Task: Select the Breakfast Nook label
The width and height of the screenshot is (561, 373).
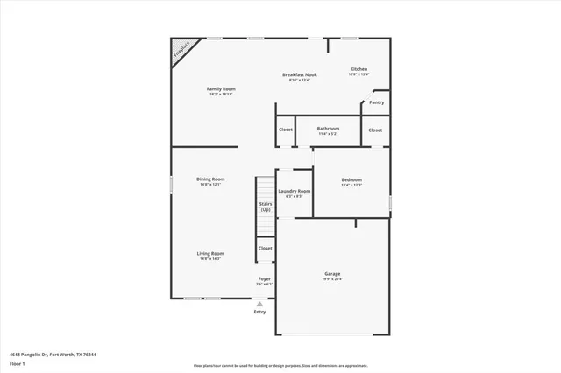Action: tap(300, 75)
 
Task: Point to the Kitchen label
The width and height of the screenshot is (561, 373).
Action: tap(359, 69)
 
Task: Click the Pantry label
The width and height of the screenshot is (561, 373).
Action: tap(376, 102)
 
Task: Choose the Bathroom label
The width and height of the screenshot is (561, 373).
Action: tap(329, 130)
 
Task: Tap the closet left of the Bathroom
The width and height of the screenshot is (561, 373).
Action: tap(286, 130)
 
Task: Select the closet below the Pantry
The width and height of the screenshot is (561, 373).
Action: tap(375, 130)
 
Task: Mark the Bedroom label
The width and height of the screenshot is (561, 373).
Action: tap(352, 180)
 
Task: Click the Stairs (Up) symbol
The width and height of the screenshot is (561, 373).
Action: tap(266, 207)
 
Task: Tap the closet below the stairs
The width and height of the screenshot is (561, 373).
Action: tap(265, 249)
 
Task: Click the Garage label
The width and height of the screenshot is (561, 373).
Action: tap(333, 273)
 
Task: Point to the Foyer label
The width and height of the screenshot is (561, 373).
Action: tap(264, 279)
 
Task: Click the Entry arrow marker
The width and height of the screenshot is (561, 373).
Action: tap(259, 304)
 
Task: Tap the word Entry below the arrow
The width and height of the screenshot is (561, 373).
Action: tap(259, 312)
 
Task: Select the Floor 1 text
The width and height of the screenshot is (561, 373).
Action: tap(17, 362)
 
